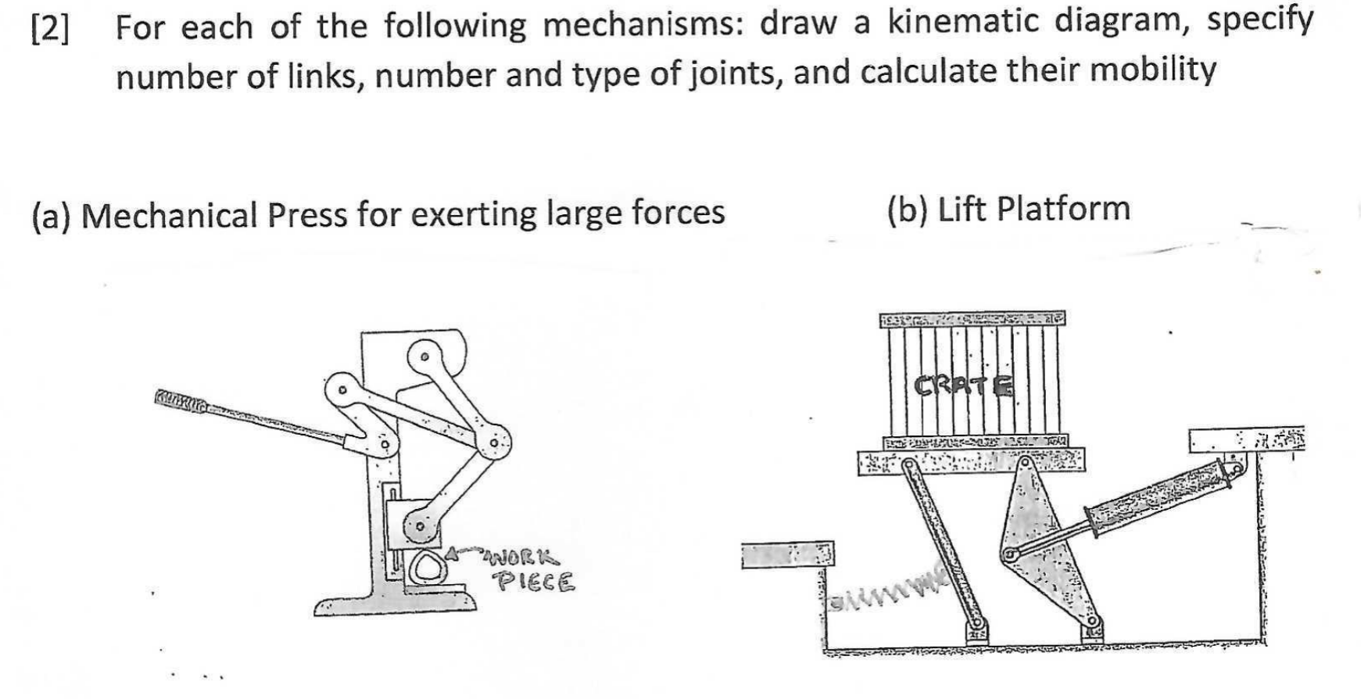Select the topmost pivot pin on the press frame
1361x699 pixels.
[424, 357]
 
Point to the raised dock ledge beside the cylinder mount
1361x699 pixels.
[1246, 441]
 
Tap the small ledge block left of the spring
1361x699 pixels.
[787, 555]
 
